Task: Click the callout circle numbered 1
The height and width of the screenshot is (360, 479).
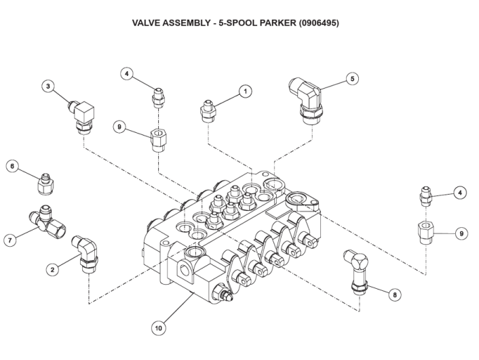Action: [245, 90]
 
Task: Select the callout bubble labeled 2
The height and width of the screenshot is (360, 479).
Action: [52, 270]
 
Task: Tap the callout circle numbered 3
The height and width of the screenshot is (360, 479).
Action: [47, 86]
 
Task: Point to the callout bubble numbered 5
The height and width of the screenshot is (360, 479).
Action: [352, 78]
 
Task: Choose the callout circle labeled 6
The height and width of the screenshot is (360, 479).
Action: [12, 166]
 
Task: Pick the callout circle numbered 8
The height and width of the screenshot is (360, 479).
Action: [396, 294]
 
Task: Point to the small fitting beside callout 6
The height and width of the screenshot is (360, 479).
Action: [46, 182]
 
